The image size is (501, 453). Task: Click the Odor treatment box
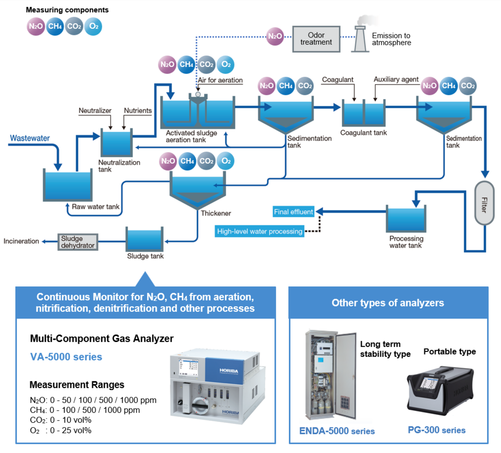click(316, 39)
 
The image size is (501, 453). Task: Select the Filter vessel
click(484, 203)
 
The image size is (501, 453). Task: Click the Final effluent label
click(293, 212)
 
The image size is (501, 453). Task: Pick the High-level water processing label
click(259, 231)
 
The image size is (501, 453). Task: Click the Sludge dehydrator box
click(78, 242)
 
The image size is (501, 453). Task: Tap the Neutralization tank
click(117, 143)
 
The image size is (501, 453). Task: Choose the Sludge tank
click(144, 239)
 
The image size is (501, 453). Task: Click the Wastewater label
click(30, 138)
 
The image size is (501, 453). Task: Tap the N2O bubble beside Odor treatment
click(275, 36)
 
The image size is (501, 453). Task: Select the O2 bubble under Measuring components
click(93, 27)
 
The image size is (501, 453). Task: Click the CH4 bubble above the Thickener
click(187, 161)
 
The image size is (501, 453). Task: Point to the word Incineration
click(21, 241)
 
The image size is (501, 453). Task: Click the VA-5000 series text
click(66, 357)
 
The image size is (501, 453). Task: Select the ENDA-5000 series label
click(337, 431)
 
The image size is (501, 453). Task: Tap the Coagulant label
click(337, 80)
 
